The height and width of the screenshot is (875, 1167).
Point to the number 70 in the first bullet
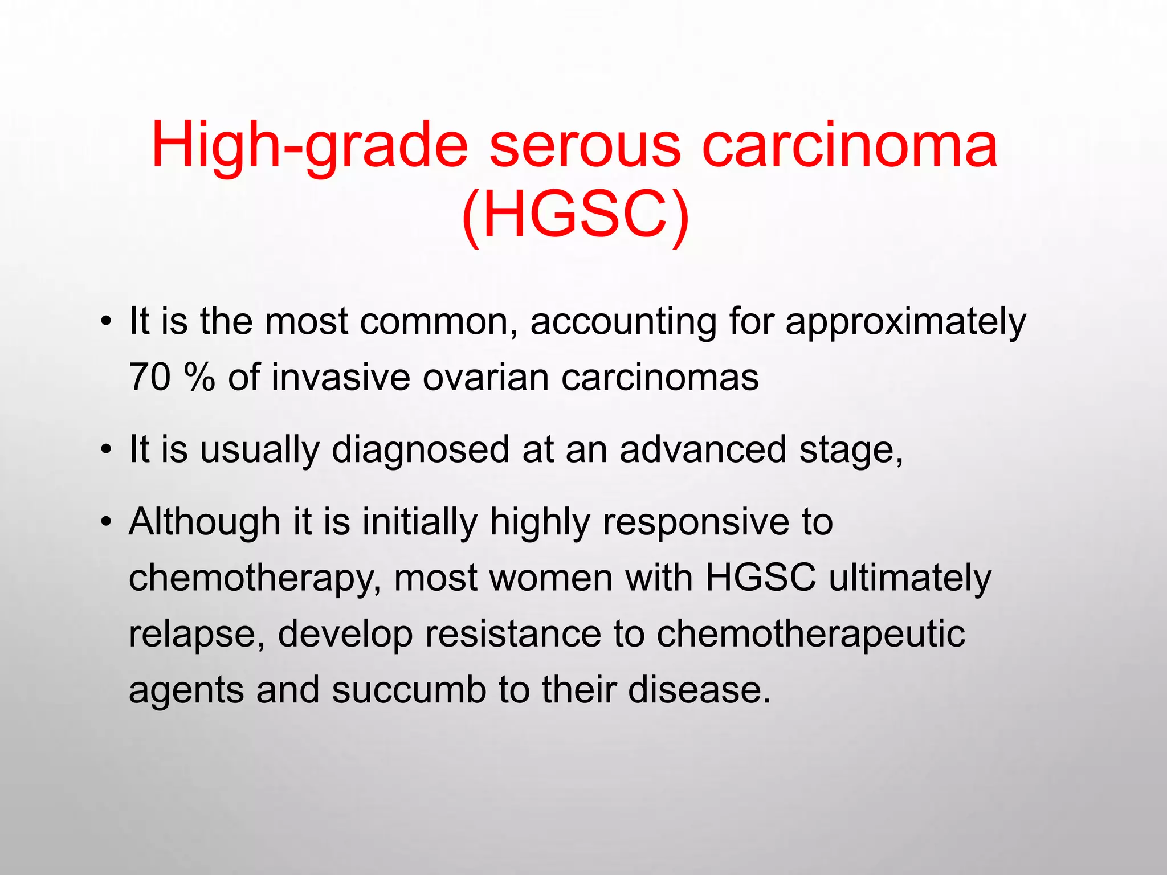click(x=150, y=378)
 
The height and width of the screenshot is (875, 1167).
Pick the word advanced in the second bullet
click(x=703, y=450)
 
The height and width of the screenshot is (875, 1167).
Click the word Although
click(x=205, y=522)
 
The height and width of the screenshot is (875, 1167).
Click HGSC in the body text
click(x=761, y=578)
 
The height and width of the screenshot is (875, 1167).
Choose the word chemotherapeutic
click(x=810, y=635)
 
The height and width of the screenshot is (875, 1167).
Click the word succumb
click(x=409, y=690)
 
